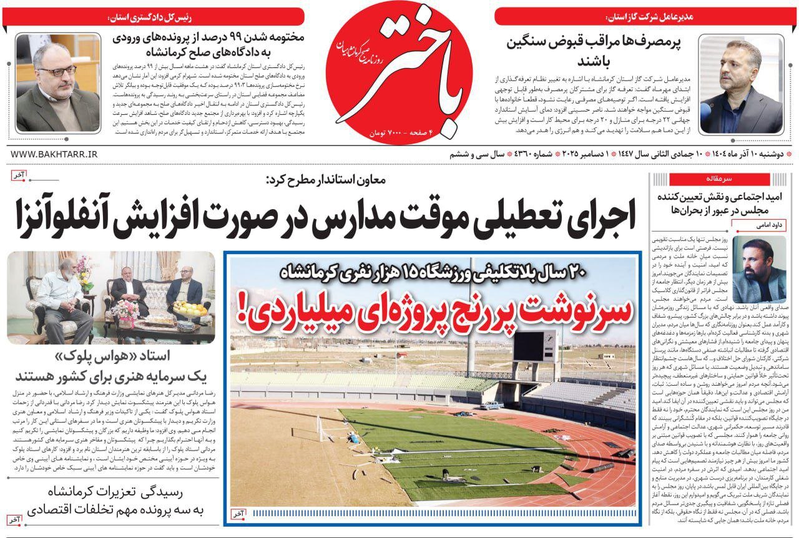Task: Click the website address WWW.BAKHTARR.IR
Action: pos(54,154)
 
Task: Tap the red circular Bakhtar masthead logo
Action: pos(399,72)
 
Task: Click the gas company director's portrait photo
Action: pos(741,85)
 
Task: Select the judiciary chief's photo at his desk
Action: pos(57,82)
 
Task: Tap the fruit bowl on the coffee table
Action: pos(190,308)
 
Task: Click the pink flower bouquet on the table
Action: pos(125,310)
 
